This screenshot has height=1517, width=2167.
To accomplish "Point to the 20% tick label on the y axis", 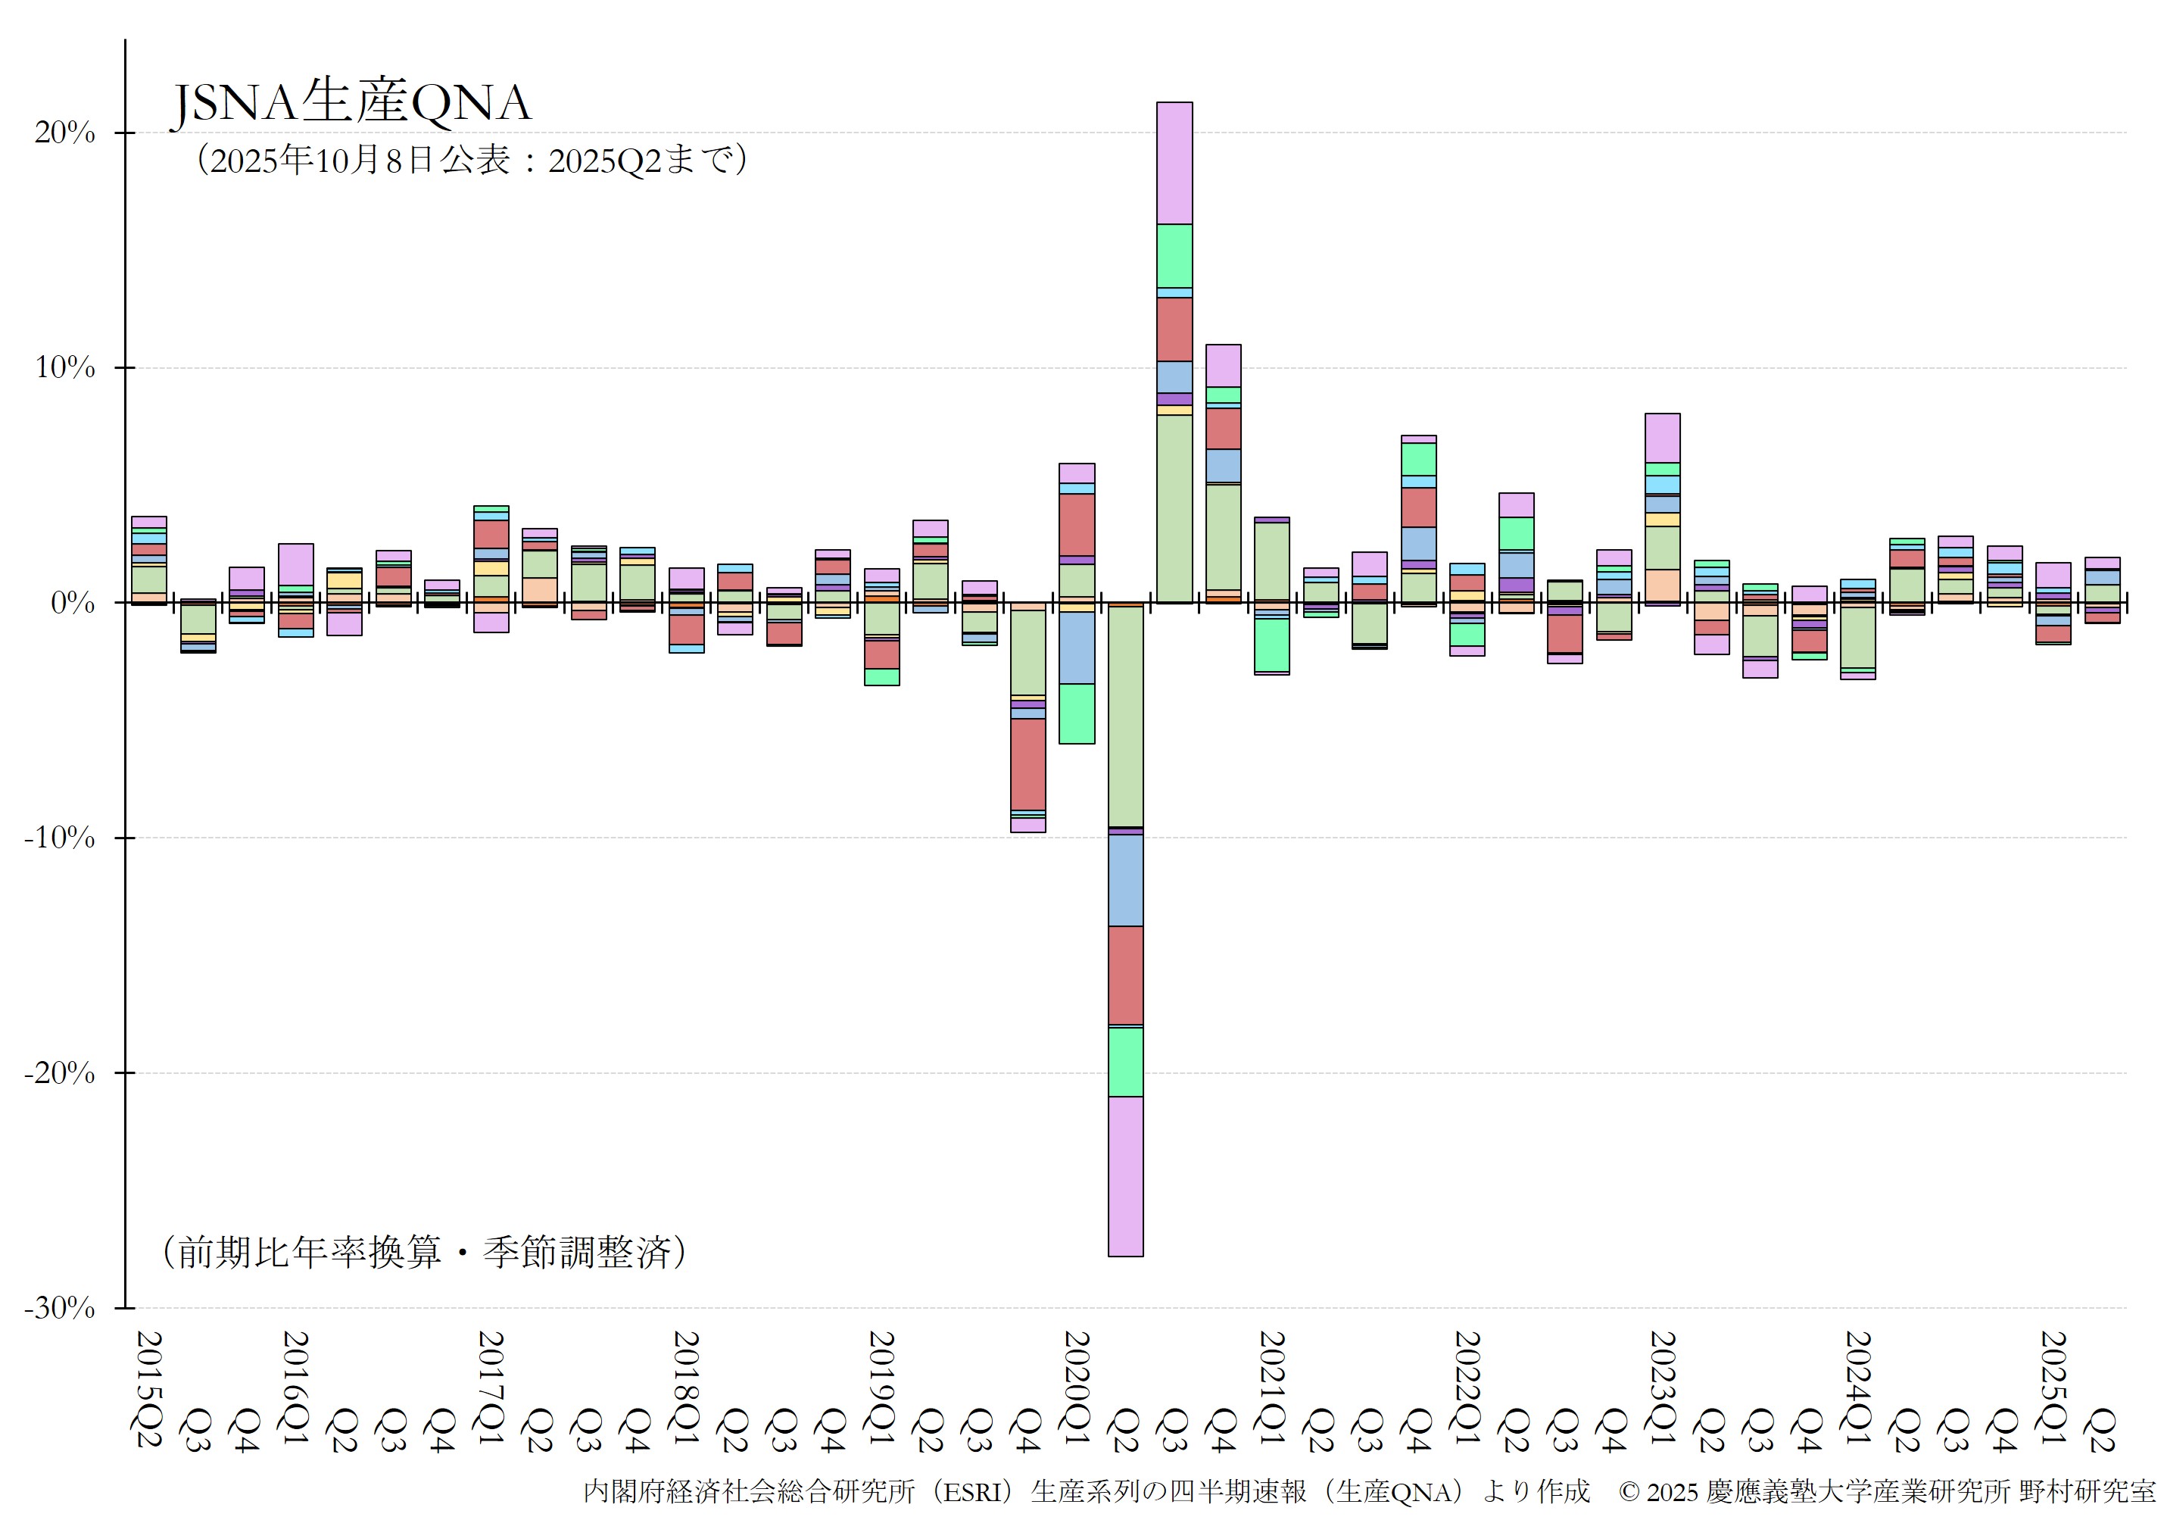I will (x=65, y=133).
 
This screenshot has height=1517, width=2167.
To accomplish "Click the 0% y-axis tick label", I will (x=73, y=603).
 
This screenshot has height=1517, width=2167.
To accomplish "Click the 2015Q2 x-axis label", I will (x=149, y=1387).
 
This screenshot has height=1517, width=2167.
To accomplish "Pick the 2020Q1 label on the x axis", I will (x=1077, y=1387).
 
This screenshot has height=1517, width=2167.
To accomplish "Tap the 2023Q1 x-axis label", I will (x=1662, y=1387).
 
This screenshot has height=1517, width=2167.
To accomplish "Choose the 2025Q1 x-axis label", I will (x=2053, y=1387).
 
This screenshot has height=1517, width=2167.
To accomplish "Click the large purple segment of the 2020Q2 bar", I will (x=1125, y=1176).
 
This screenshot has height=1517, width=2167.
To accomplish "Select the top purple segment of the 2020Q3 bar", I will (x=1174, y=162).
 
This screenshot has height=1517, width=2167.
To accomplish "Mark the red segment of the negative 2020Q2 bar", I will (x=1125, y=975).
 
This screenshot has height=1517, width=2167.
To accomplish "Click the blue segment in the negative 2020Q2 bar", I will (x=1125, y=880).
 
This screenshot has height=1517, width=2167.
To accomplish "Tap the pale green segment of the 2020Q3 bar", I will (x=1174, y=508).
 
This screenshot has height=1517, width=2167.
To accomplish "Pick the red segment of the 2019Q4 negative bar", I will (x=1027, y=763).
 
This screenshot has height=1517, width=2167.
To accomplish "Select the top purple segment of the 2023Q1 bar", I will (x=1662, y=438).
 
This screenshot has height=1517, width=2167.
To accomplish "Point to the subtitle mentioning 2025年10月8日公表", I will (x=472, y=160).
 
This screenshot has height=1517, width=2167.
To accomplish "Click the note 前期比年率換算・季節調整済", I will (x=425, y=1252).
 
